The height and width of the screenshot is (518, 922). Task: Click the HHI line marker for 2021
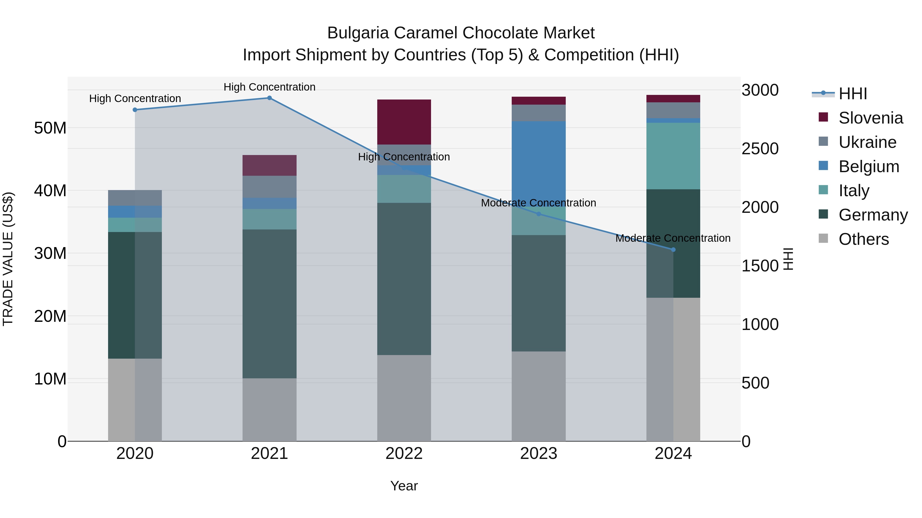(x=269, y=98)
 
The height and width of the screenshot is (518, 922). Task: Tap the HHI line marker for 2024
(x=673, y=249)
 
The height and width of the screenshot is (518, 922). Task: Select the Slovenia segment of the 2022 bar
(x=404, y=122)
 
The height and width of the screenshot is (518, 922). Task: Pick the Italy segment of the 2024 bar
(x=673, y=156)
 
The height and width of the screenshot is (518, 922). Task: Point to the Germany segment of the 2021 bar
(x=269, y=304)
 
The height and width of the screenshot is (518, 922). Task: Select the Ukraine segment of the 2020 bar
(x=135, y=198)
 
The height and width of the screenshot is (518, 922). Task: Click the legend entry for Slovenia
(x=871, y=118)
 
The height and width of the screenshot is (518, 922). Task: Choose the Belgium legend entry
(x=869, y=167)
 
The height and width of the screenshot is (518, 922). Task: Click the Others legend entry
(x=863, y=239)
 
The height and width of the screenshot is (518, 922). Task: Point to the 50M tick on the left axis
(x=50, y=128)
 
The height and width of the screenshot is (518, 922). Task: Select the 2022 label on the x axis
(x=404, y=454)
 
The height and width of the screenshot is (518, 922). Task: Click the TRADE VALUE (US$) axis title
(x=8, y=259)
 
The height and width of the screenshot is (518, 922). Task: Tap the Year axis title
(x=404, y=486)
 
